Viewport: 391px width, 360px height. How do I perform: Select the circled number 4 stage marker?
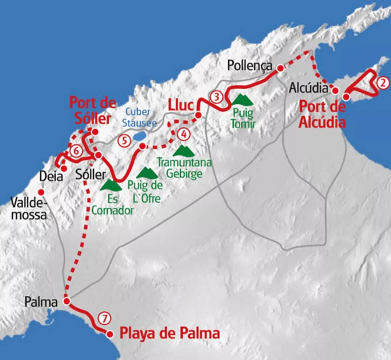pyautogui.click(x=183, y=134)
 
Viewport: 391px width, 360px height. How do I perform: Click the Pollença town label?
pyautogui.click(x=249, y=65)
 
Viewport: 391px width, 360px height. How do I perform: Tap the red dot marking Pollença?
pyautogui.click(x=280, y=68)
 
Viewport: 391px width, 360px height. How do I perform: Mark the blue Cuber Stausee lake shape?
pyautogui.click(x=138, y=137)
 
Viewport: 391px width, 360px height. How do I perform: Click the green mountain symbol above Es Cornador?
pyautogui.click(x=111, y=186)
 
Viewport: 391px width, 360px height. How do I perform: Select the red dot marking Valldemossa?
pyautogui.click(x=41, y=192)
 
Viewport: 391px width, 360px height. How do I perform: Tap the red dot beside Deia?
pyautogui.click(x=64, y=169)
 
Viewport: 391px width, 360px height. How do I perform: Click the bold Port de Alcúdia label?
pyautogui.click(x=322, y=115)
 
